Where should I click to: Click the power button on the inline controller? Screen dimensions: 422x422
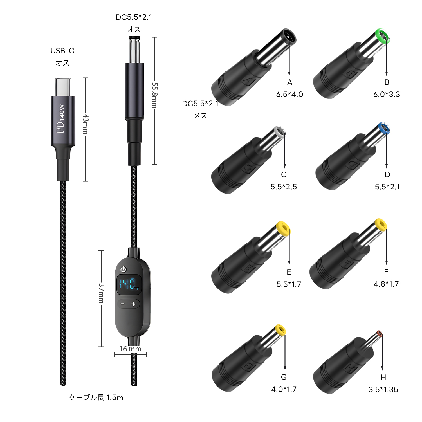[x=123, y=270]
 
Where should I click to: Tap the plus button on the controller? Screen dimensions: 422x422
[x=133, y=304]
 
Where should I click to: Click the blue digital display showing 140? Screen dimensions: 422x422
[x=129, y=285]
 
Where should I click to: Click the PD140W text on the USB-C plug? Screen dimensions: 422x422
[x=61, y=119]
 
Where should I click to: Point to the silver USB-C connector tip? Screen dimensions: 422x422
[x=63, y=87]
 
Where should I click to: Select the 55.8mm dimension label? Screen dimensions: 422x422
[x=154, y=95]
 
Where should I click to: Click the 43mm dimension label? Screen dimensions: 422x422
[x=86, y=124]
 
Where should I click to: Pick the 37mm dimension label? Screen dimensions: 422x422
[x=101, y=293]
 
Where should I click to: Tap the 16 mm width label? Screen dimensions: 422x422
[x=130, y=349]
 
